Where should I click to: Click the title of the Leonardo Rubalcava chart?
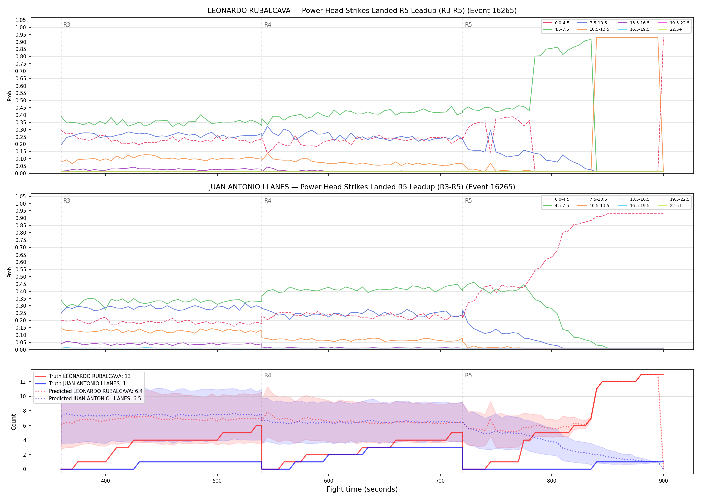362,11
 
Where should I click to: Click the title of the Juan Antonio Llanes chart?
362,187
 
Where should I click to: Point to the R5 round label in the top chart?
468,25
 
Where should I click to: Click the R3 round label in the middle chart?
67,201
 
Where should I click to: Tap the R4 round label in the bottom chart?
268,375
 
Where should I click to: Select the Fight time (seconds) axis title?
362,489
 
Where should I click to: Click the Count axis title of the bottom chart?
14,422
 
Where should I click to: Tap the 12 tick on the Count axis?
23,382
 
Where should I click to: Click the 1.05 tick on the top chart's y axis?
21,20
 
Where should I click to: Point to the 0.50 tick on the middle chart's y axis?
21,277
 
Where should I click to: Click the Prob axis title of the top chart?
10,96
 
